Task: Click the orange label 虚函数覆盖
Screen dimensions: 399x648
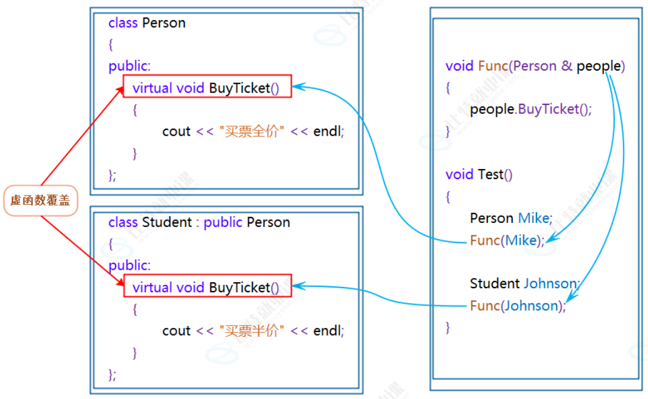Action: pyautogui.click(x=40, y=201)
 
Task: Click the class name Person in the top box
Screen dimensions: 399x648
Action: pyautogui.click(x=164, y=23)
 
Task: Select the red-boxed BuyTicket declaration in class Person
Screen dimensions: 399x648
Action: pyautogui.click(x=207, y=88)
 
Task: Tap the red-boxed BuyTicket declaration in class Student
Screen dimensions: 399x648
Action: pyautogui.click(x=207, y=288)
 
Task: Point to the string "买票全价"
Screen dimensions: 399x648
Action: pyautogui.click(x=251, y=132)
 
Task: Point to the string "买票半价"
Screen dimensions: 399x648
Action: pyautogui.click(x=251, y=331)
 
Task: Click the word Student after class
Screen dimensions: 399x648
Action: pyautogui.click(x=167, y=222)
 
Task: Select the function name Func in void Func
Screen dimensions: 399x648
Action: pyautogui.click(x=491, y=66)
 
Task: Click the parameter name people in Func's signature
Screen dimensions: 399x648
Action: pyautogui.click(x=598, y=66)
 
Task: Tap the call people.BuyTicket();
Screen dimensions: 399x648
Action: pyautogui.click(x=531, y=110)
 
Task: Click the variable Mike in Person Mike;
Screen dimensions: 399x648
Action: pyautogui.click(x=534, y=218)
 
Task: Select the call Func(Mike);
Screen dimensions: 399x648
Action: pyautogui.click(x=507, y=240)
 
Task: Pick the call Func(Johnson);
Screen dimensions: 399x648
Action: pyautogui.click(x=518, y=306)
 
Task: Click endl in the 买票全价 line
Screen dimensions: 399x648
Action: pyautogui.click(x=328, y=132)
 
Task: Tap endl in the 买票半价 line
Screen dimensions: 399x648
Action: pyautogui.click(x=328, y=331)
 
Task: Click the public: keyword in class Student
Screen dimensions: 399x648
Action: pyautogui.click(x=129, y=266)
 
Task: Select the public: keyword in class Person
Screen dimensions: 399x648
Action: pyautogui.click(x=129, y=66)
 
